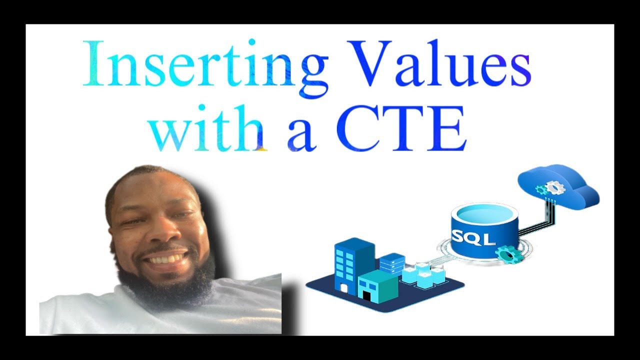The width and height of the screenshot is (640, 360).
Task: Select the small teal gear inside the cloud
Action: [540, 190]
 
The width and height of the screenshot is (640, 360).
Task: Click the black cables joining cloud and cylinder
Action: [537, 220]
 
